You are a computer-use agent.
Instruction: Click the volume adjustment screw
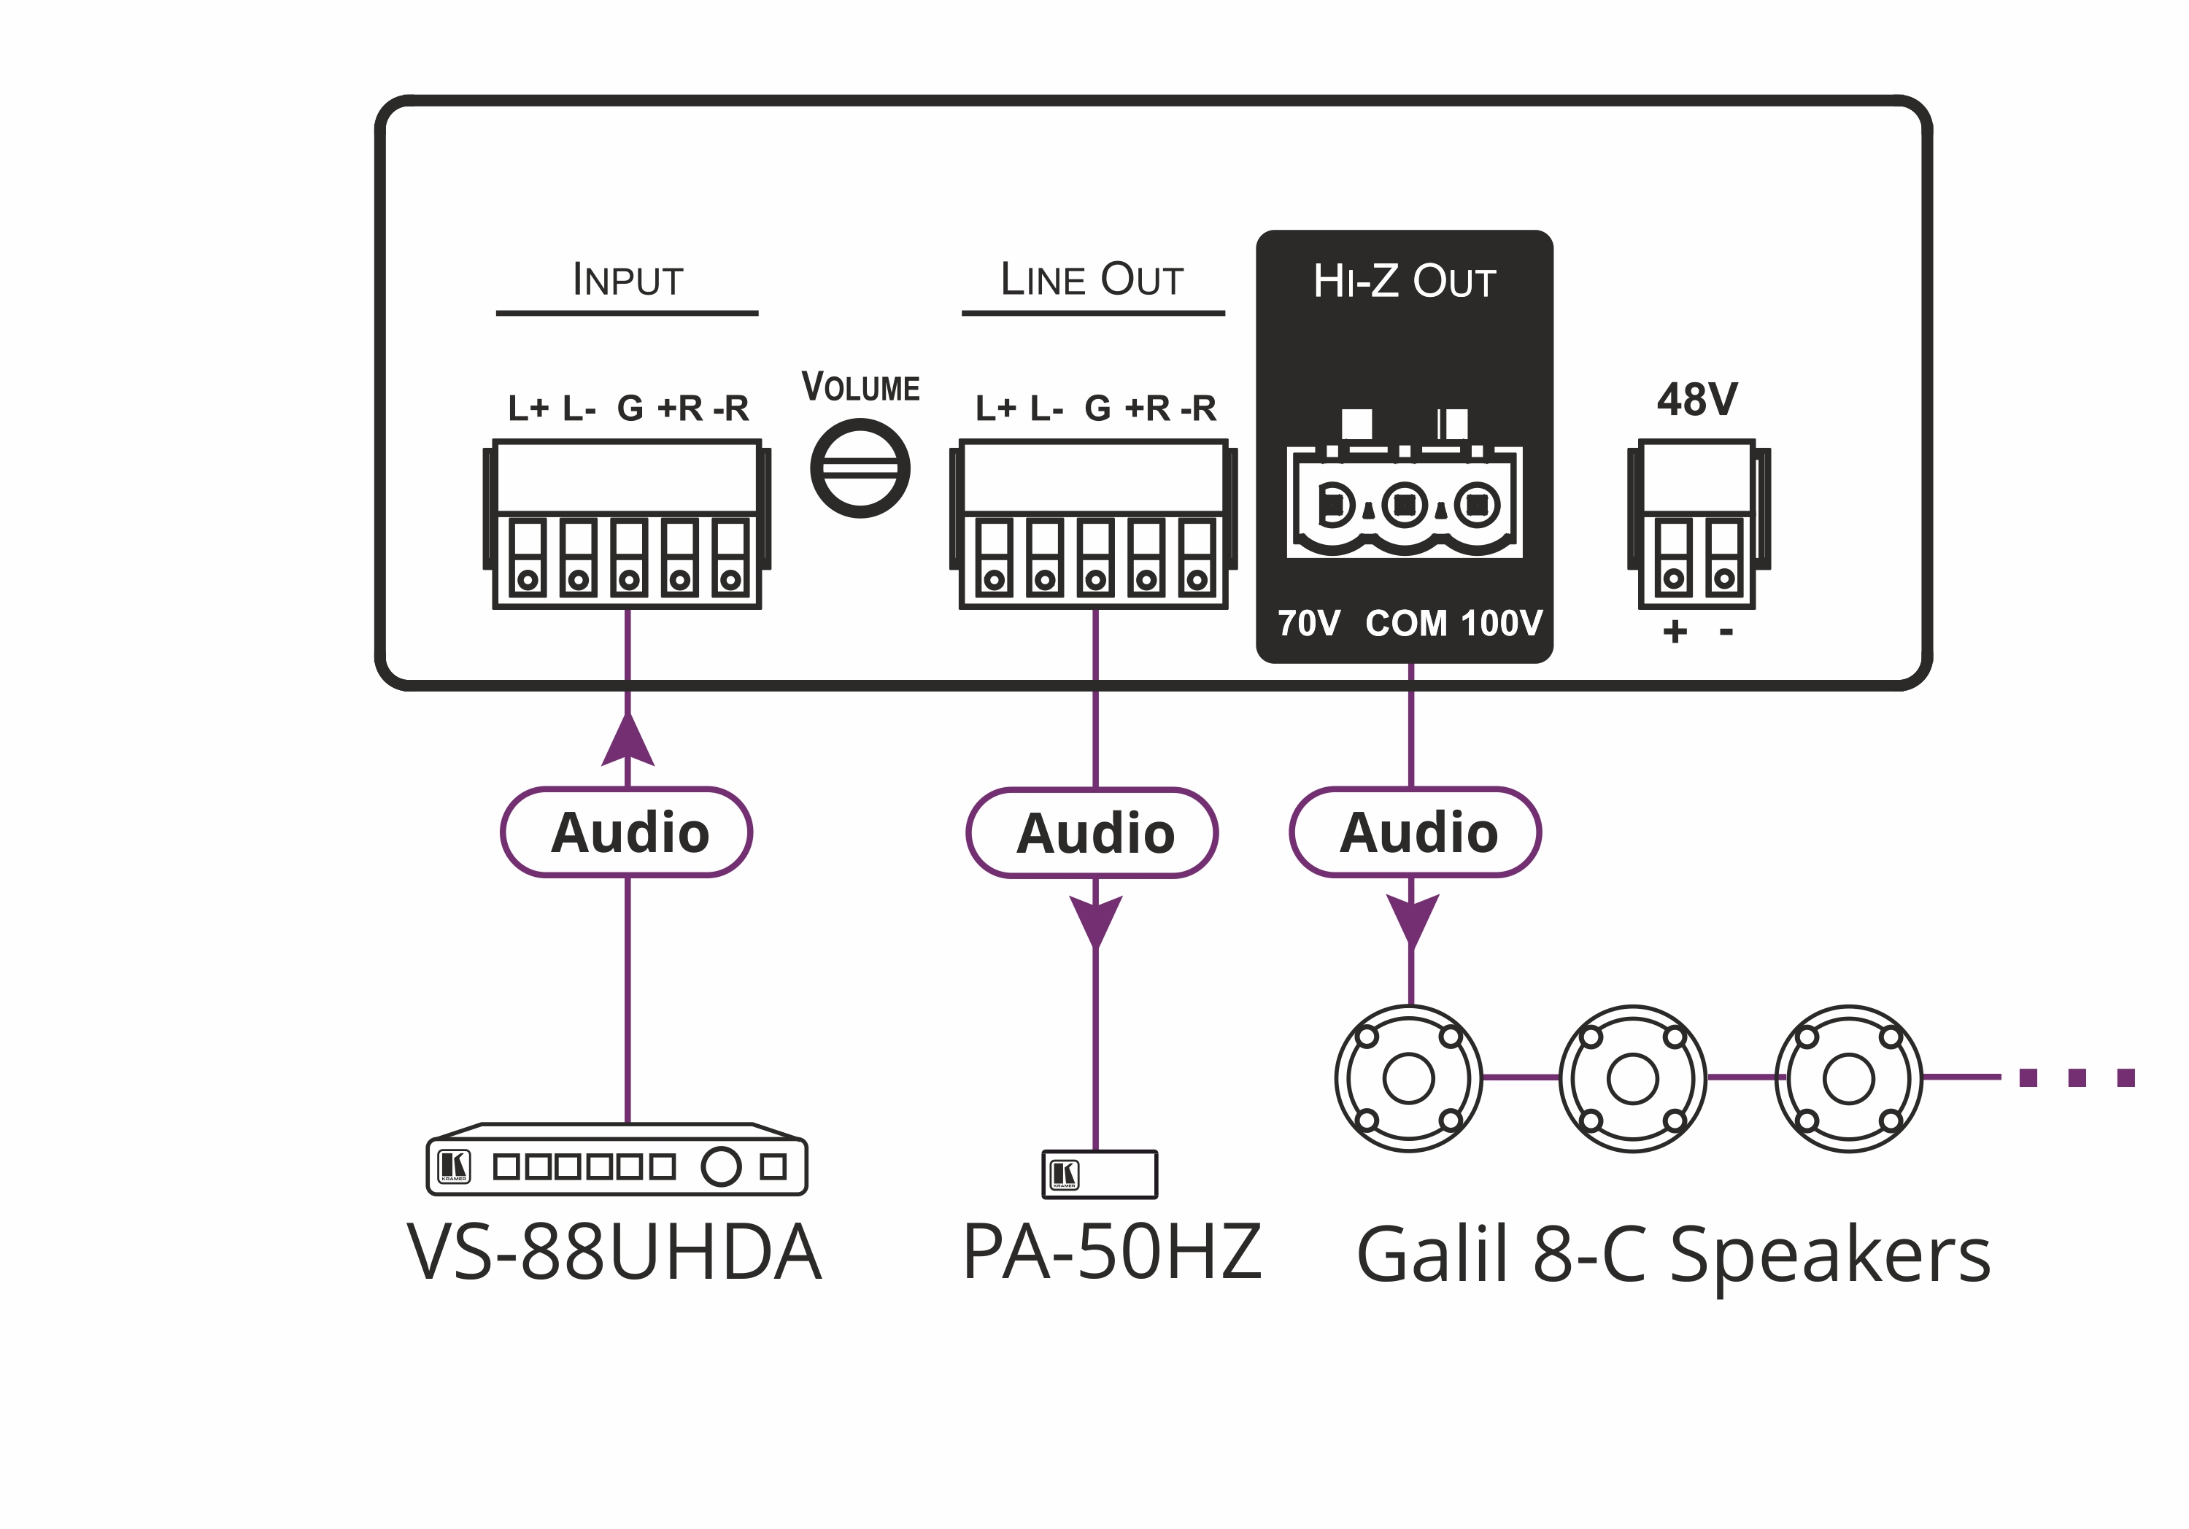point(860,469)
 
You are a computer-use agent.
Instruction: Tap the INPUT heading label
point(628,280)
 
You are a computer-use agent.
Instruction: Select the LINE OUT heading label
point(1092,280)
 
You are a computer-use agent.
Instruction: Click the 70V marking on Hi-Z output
point(1309,624)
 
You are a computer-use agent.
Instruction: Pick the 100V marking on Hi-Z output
point(1501,624)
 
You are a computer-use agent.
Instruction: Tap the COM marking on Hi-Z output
point(1406,624)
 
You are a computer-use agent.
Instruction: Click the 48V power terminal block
point(1698,524)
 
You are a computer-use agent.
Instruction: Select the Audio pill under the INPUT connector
point(628,832)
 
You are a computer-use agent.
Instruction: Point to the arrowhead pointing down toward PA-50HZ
point(1095,921)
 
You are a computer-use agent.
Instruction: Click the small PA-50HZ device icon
point(1100,1174)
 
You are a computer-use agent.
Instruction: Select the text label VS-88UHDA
point(614,1253)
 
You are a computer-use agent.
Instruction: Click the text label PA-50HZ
point(1112,1252)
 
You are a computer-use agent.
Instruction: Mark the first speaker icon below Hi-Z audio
point(1408,1078)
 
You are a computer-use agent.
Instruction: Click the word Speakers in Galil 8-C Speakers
point(1831,1255)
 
